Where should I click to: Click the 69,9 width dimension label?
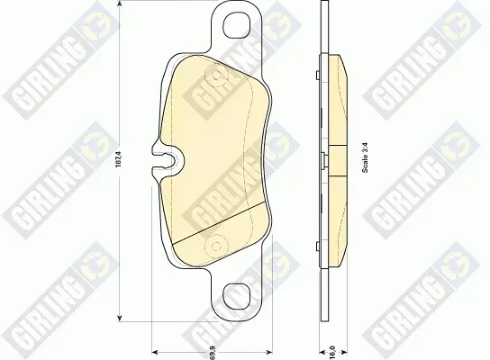click(213, 354)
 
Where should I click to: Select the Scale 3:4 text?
click(366, 157)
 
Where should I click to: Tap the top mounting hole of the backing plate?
click(237, 24)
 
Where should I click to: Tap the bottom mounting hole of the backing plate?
click(237, 296)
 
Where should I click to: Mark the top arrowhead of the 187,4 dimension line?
click(119, 4)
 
